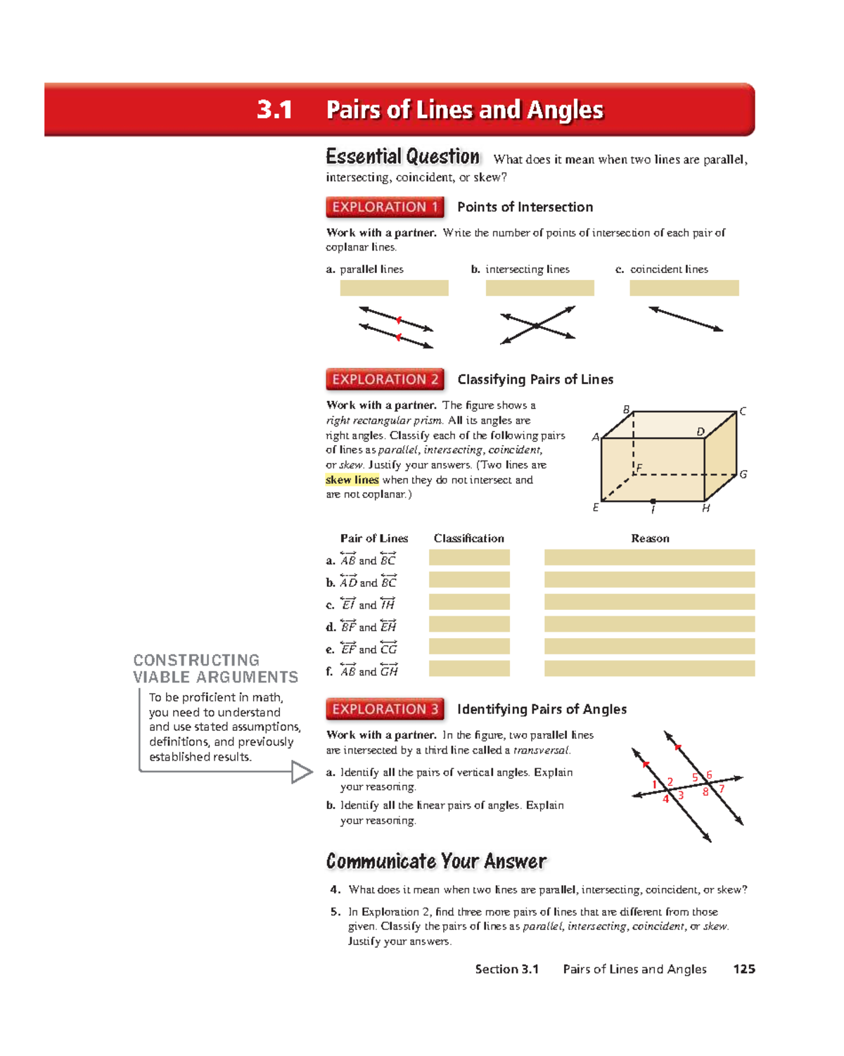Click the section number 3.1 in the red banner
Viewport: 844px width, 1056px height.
pyautogui.click(x=274, y=110)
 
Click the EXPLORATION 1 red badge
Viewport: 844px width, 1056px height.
pyautogui.click(x=385, y=207)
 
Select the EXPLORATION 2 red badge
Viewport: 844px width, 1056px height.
pyautogui.click(x=385, y=379)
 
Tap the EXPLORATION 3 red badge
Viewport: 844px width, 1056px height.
pyautogui.click(x=385, y=709)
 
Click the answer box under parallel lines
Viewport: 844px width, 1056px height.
pyautogui.click(x=394, y=288)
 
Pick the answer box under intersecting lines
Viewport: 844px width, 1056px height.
pyautogui.click(x=539, y=288)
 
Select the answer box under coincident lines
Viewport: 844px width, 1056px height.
pyautogui.click(x=684, y=288)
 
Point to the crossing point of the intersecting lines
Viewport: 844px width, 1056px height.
pyautogui.click(x=537, y=326)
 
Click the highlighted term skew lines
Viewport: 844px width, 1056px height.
pyautogui.click(x=352, y=480)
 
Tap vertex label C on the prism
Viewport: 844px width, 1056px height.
pyautogui.click(x=743, y=412)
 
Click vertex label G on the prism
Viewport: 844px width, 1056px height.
pyautogui.click(x=743, y=474)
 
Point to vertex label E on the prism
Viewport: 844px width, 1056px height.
pyautogui.click(x=596, y=507)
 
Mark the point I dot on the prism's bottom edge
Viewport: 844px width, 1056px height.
pyautogui.click(x=653, y=502)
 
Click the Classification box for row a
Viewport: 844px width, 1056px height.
pyautogui.click(x=469, y=558)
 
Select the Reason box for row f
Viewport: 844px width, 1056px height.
pyautogui.click(x=649, y=668)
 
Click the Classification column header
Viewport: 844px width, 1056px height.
pyautogui.click(x=468, y=538)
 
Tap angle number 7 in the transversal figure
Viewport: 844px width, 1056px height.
pyautogui.click(x=722, y=789)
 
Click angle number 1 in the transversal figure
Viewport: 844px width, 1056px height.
pyautogui.click(x=654, y=784)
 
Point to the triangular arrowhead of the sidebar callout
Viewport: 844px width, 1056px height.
pyautogui.click(x=302, y=772)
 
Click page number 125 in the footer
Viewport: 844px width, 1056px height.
pyautogui.click(x=743, y=969)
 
